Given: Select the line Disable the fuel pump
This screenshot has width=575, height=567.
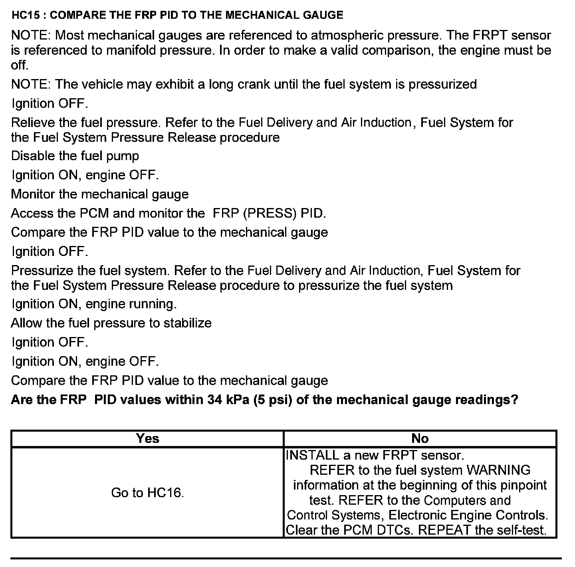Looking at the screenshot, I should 75,156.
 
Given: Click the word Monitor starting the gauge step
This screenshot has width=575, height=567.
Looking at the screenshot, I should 33,194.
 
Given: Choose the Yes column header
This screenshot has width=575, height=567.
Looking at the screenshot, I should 147,438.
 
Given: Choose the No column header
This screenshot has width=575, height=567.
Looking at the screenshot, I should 420,438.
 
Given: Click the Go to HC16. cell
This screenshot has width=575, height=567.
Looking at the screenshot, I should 147,493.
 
